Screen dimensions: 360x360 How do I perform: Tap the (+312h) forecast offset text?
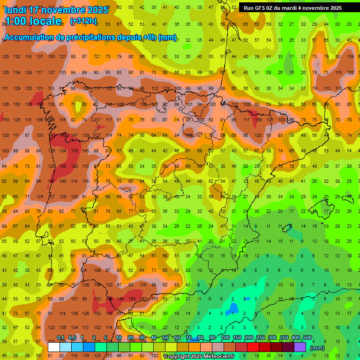83,21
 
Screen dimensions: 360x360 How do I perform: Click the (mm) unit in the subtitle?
167,38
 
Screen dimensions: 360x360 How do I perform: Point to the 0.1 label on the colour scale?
60,338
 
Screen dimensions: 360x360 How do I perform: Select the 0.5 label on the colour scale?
72,338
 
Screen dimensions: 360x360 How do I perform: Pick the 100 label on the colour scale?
225,338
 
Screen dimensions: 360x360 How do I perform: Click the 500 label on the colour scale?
307,338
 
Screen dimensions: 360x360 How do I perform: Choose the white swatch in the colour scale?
54,347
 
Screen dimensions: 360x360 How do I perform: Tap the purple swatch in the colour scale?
300,347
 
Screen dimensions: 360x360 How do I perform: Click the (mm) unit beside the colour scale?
317,348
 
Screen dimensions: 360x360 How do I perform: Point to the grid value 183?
132,299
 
